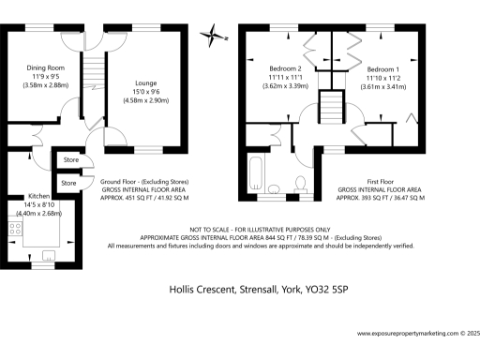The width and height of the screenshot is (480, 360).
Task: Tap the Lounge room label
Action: pyautogui.click(x=146, y=82)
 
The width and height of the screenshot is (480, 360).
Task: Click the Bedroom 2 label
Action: pyautogui.click(x=285, y=69)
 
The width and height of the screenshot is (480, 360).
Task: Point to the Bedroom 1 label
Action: pyautogui.click(x=382, y=69)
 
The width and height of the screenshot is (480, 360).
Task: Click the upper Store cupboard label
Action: pyautogui.click(x=70, y=160)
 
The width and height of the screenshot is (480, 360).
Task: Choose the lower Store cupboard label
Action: pyautogui.click(x=70, y=183)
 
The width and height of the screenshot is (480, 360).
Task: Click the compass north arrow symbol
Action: pyautogui.click(x=217, y=37)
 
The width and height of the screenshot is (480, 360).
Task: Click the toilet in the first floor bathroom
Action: pyautogui.click(x=301, y=182)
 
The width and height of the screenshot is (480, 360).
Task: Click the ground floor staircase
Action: pyautogui.click(x=91, y=80)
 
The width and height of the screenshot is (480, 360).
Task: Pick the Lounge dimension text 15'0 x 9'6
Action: pyautogui.click(x=146, y=91)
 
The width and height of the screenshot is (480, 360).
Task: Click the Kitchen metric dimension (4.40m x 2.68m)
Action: pyautogui.click(x=40, y=213)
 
